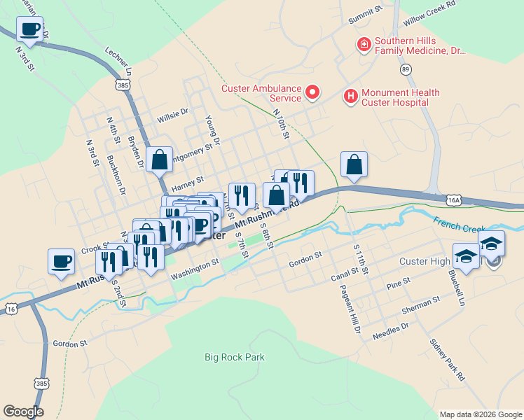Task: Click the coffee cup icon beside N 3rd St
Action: tap(29, 29)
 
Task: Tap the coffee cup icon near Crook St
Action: tap(62, 262)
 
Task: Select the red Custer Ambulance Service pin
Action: tap(312, 92)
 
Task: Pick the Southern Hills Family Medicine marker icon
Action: tap(364, 45)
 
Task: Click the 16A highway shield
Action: tap(454, 200)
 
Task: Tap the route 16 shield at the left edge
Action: tap(10, 309)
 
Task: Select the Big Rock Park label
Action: tap(235, 357)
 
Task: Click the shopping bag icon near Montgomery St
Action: tap(160, 160)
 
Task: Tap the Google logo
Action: tap(23, 412)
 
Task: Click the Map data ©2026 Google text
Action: tap(480, 414)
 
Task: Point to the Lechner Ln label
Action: tap(118, 62)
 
